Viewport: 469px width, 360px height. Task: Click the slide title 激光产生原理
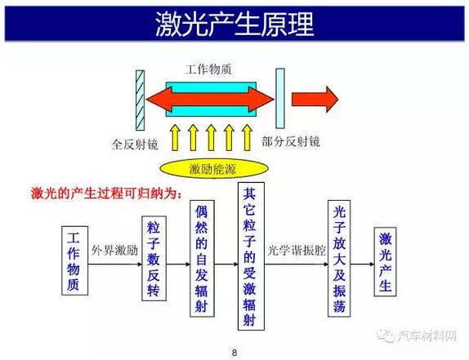(x=234, y=24)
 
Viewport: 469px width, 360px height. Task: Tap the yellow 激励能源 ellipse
(x=214, y=169)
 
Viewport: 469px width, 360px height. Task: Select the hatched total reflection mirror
(x=140, y=100)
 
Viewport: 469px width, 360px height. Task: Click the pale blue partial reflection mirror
(x=280, y=99)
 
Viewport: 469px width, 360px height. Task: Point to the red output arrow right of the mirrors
(x=315, y=100)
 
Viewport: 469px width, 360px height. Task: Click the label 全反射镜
(x=135, y=144)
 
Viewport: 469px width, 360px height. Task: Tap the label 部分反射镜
(x=291, y=141)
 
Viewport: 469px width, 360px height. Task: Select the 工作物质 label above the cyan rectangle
(x=208, y=69)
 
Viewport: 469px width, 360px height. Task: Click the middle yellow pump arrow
(x=211, y=137)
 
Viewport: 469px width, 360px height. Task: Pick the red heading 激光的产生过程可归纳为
(x=106, y=193)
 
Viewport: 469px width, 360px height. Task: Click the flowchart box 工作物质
(x=75, y=260)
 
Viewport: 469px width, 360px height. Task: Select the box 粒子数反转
(x=154, y=259)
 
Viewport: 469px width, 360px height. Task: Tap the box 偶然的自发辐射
(x=202, y=259)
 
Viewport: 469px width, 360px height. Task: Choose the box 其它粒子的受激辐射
(x=251, y=256)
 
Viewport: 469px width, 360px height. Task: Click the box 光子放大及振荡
(x=339, y=259)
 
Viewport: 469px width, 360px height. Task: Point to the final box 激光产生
(x=386, y=262)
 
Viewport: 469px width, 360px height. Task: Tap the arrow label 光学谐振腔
(x=296, y=251)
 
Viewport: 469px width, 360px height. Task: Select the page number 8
(x=234, y=353)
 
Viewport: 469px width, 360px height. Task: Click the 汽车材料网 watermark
(x=417, y=336)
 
